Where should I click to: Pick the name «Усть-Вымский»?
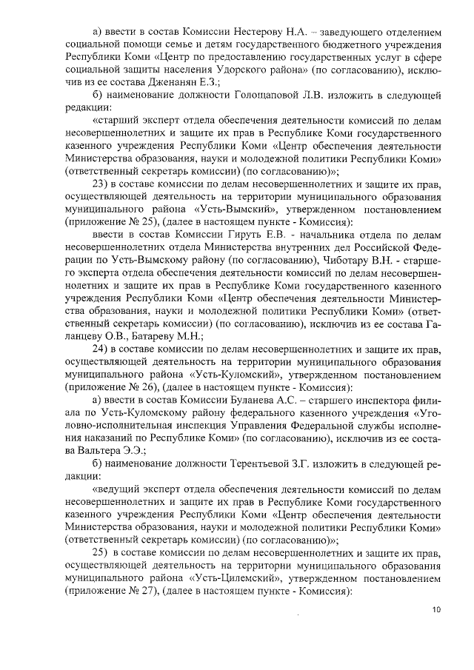(x=244, y=209)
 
